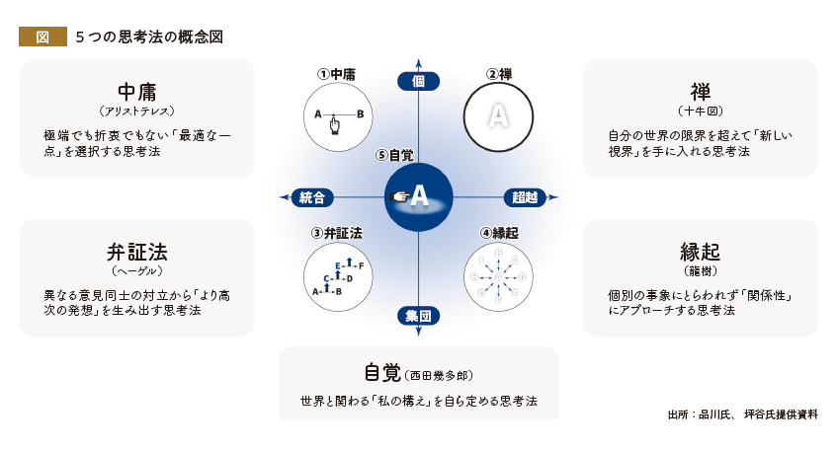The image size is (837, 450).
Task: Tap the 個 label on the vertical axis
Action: click(419, 82)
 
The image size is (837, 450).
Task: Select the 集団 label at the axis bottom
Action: click(419, 316)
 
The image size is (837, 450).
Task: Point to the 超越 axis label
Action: click(526, 197)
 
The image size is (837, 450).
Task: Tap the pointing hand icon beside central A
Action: click(400, 197)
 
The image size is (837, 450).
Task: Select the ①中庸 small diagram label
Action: click(336, 74)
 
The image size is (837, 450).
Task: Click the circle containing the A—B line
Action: click(336, 116)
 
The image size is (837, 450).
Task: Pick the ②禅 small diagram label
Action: click(498, 74)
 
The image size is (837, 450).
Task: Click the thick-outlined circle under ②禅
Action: click(498, 116)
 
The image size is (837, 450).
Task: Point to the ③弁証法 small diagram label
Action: click(336, 234)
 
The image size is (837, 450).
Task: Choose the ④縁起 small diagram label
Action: click(498, 234)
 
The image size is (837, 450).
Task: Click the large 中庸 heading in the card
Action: click(137, 90)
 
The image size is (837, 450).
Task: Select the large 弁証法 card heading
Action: click(137, 250)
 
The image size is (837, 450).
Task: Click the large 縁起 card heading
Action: click(700, 250)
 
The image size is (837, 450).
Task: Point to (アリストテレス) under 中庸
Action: click(137, 112)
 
